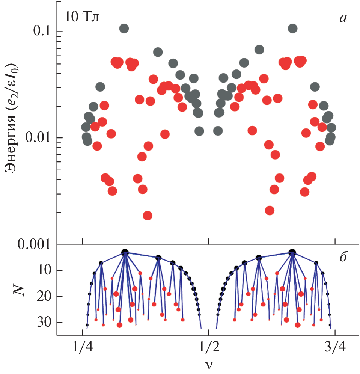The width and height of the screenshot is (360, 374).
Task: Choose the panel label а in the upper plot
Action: click(x=343, y=17)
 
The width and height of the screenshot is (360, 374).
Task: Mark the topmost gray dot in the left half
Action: click(x=124, y=28)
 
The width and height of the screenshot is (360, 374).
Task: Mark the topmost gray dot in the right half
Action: click(x=292, y=28)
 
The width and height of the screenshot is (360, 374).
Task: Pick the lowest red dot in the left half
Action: click(x=147, y=216)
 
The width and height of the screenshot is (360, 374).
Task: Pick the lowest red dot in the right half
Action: click(x=269, y=210)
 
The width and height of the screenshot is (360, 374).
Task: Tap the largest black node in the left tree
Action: click(x=125, y=253)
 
